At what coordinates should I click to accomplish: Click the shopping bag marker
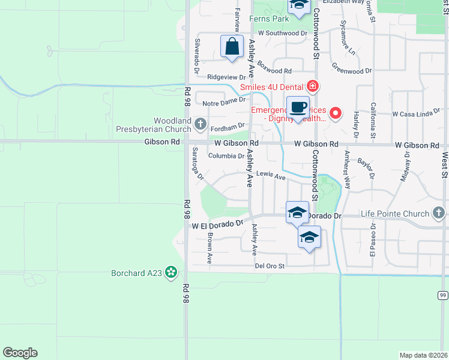coord(232,46)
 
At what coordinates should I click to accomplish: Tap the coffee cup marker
coord(298,107)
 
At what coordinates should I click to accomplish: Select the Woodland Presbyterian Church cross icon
coord(200,125)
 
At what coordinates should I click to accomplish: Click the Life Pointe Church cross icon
coord(439,213)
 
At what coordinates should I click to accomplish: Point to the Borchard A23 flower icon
coord(172,273)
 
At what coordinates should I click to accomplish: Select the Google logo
coord(20,352)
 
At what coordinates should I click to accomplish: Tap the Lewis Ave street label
coord(271,176)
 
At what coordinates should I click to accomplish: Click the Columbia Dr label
coord(226,156)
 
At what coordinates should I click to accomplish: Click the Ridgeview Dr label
coord(226,77)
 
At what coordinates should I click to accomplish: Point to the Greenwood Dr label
coord(352,71)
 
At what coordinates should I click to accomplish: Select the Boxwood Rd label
coord(274,67)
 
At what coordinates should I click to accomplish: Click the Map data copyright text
coord(423,355)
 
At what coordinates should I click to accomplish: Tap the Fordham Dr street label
coord(229,126)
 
